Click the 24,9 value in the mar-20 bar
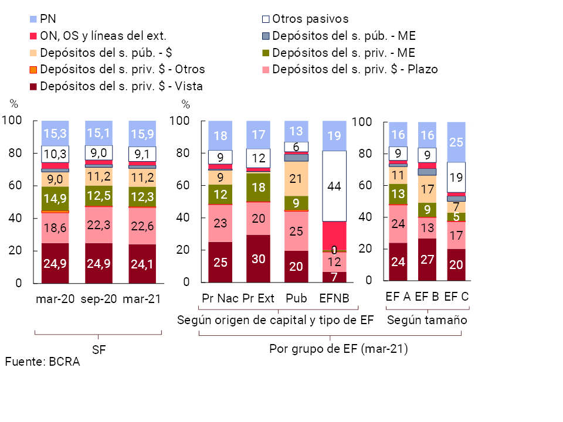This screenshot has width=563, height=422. click(55, 262)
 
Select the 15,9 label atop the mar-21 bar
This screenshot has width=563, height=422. click(142, 134)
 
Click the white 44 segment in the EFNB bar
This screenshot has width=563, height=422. click(334, 186)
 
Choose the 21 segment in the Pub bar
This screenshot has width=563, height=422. click(296, 179)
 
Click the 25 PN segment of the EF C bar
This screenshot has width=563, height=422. click(456, 142)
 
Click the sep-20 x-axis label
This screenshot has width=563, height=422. click(99, 299)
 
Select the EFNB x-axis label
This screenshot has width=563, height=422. click(334, 298)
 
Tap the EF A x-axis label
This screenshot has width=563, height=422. click(398, 297)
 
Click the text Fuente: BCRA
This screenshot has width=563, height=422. click(42, 362)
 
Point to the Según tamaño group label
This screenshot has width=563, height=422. click(427, 320)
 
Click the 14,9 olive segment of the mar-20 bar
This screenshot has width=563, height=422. click(55, 199)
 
